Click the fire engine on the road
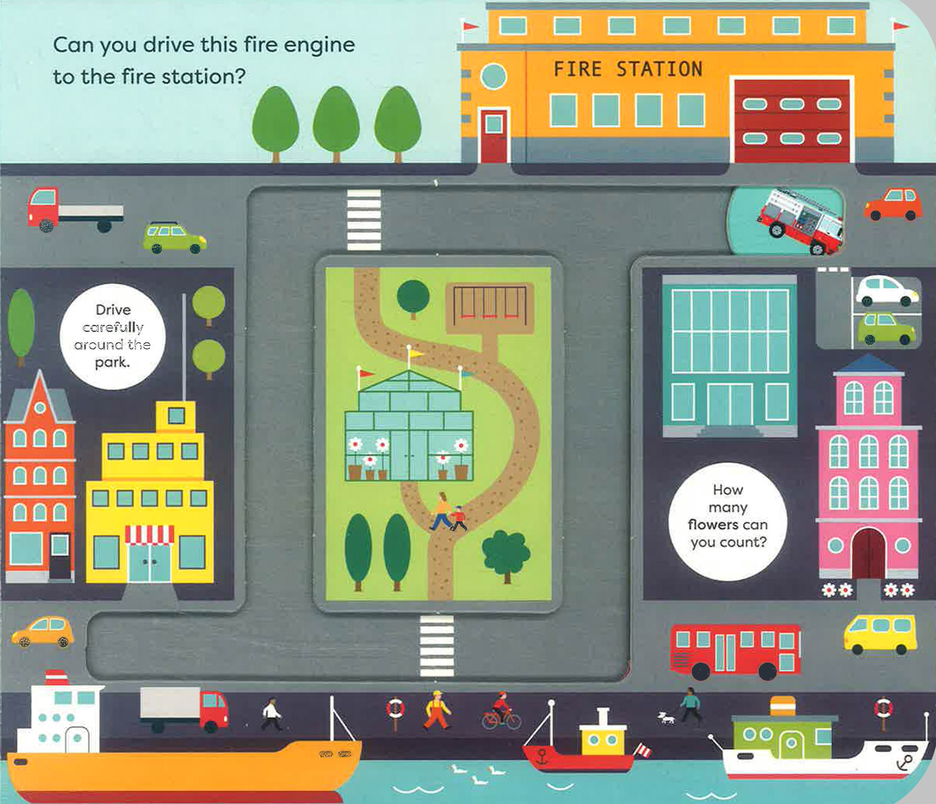[800, 222]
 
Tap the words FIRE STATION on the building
[628, 70]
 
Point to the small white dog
[666, 717]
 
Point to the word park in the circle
[112, 363]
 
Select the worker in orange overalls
[437, 710]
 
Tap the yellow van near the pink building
[880, 634]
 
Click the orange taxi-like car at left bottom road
[43, 631]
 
